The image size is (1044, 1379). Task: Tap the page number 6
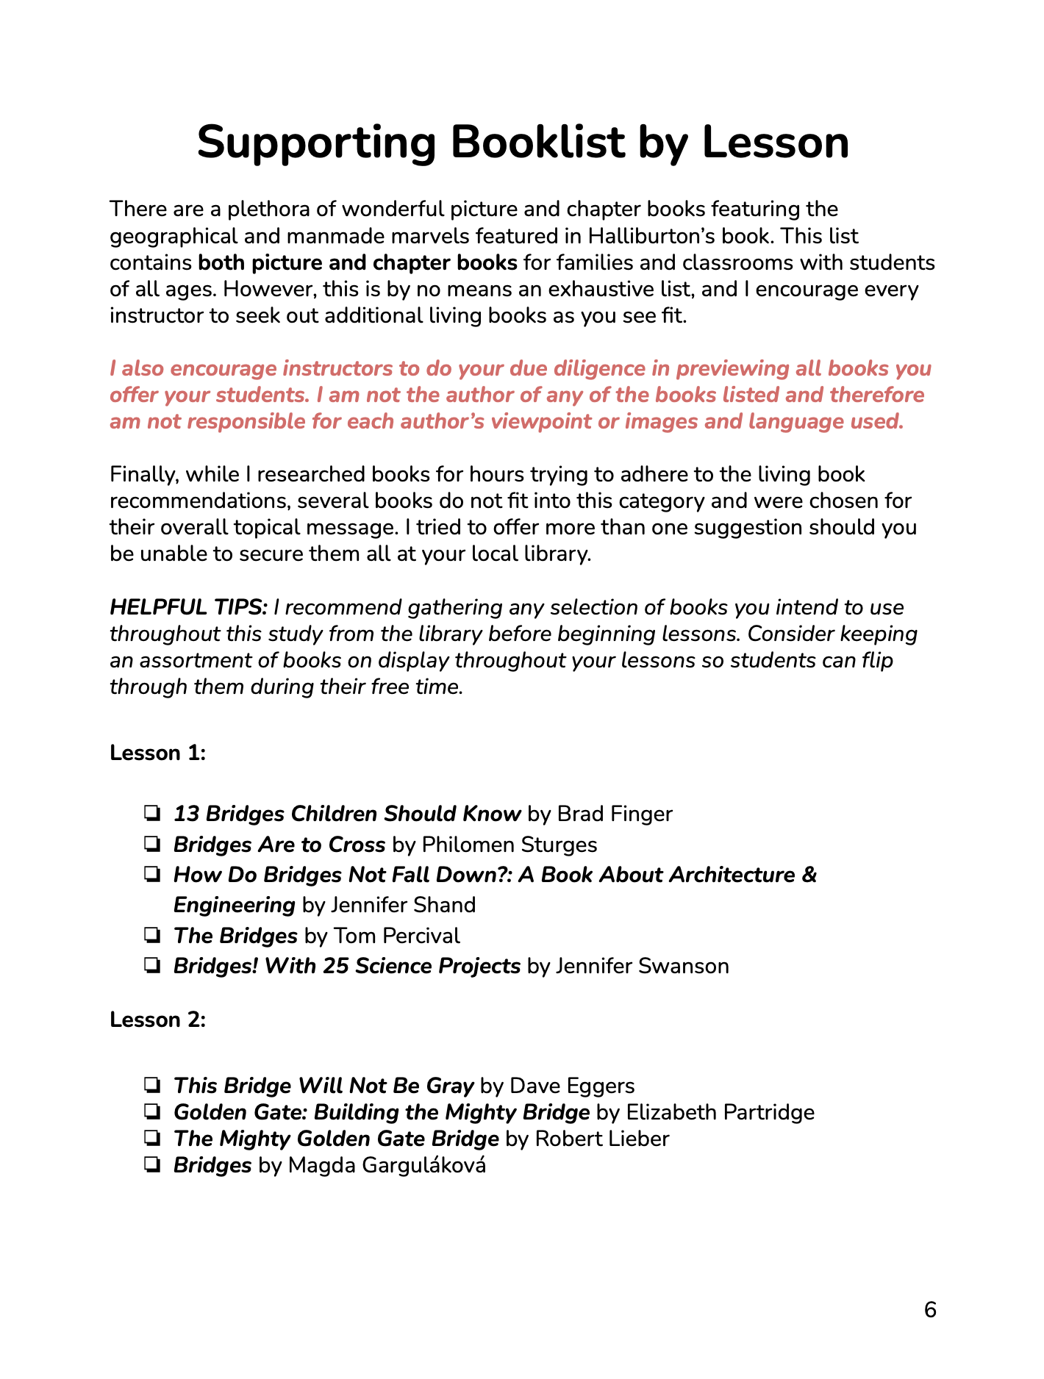click(930, 1310)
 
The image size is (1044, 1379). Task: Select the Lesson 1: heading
click(157, 753)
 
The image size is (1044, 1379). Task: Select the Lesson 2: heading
click(157, 1020)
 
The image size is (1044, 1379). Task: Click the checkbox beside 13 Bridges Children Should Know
click(153, 814)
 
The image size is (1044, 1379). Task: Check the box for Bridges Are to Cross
click(153, 845)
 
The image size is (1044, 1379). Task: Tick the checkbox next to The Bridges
click(153, 936)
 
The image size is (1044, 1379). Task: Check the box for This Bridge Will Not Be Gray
click(153, 1086)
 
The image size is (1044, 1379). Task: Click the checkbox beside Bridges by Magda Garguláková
click(153, 1165)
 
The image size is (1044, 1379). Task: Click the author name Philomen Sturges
click(510, 845)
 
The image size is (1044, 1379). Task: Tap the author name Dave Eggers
click(572, 1086)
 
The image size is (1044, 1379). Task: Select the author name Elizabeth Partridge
click(720, 1112)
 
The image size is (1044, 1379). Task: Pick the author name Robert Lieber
click(602, 1139)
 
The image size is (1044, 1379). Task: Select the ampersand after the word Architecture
click(809, 875)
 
